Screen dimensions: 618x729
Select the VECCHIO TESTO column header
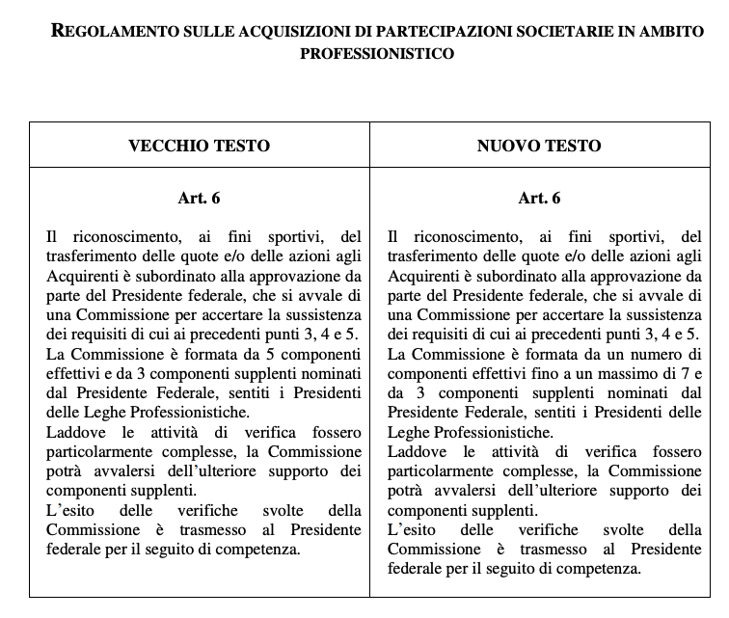point(200,146)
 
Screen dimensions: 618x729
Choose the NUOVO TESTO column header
point(539,146)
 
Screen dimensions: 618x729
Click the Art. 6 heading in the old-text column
point(200,199)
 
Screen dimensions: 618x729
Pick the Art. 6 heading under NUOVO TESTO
point(539,199)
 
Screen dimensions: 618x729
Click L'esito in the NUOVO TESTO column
point(409,530)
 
